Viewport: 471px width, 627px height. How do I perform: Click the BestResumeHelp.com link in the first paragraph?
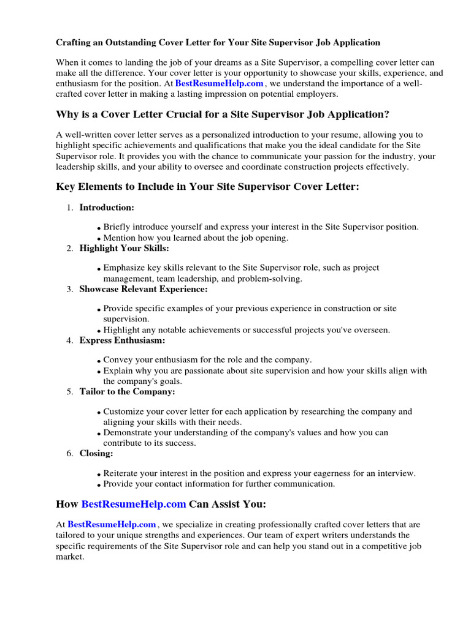point(220,83)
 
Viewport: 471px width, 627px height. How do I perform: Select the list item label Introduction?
point(107,208)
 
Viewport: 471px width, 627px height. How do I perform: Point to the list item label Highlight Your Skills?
point(124,248)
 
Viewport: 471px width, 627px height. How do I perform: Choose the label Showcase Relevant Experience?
point(144,289)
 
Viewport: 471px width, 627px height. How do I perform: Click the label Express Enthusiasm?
point(122,340)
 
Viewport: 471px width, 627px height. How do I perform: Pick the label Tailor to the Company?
point(127,391)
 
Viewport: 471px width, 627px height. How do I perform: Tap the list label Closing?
point(96,453)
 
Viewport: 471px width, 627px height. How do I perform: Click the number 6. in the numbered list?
point(70,453)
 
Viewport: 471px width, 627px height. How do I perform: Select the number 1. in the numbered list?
point(70,208)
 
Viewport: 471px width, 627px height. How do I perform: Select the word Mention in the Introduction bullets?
point(119,238)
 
